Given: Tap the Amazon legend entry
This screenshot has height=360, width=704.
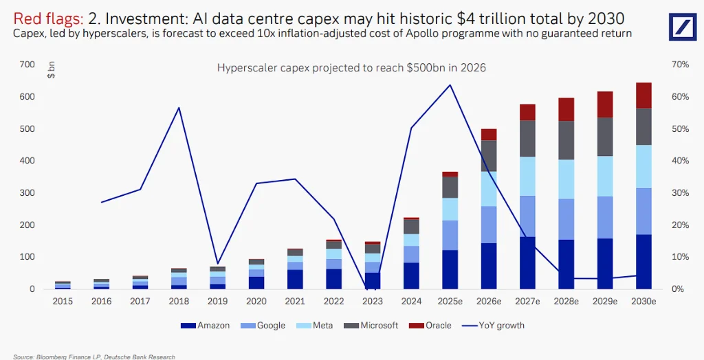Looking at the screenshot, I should point(206,325).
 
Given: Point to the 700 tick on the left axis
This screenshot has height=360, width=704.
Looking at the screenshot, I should point(27,65).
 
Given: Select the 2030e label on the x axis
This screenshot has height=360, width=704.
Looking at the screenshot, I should point(643,301).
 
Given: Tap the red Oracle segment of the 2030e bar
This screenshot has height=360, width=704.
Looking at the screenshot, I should point(643,95).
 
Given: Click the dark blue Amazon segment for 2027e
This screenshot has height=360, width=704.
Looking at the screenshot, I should point(527,262).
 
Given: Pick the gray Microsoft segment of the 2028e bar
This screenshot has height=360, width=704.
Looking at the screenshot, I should point(566,140).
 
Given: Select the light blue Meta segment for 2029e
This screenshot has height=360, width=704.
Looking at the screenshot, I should point(604,176).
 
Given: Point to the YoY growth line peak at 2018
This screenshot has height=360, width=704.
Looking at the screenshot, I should point(179,108).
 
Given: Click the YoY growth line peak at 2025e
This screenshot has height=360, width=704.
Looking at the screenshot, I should point(450,85).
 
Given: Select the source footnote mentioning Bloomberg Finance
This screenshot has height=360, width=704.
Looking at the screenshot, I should point(93,357).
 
